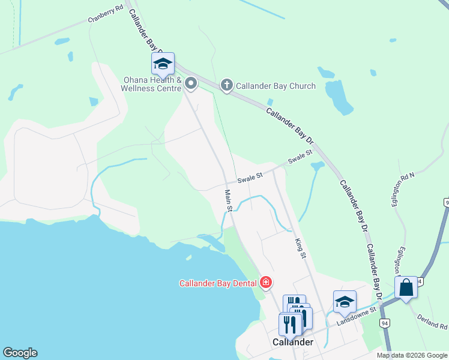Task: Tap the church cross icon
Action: (227, 85)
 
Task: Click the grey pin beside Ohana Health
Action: (191, 83)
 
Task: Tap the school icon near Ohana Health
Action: (163, 63)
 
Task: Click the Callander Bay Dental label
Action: (218, 283)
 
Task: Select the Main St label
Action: (229, 200)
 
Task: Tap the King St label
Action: (300, 247)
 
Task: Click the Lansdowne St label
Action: (356, 316)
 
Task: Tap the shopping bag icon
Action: (406, 287)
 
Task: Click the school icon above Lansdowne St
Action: (345, 302)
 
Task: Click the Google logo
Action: (20, 353)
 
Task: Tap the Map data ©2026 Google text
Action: (412, 355)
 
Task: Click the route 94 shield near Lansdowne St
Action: (385, 323)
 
